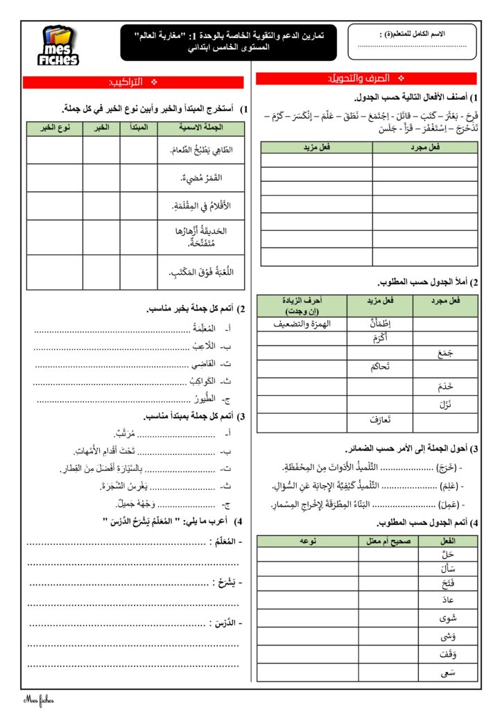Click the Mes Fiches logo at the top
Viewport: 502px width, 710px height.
[60, 46]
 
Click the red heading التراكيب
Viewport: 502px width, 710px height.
[132, 83]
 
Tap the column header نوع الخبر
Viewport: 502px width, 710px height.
[53, 128]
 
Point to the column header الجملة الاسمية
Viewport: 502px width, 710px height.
[200, 128]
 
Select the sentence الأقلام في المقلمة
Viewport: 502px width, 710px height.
[199, 206]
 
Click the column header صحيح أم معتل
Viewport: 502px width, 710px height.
[388, 540]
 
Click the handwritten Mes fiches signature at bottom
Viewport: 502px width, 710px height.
[38, 700]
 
